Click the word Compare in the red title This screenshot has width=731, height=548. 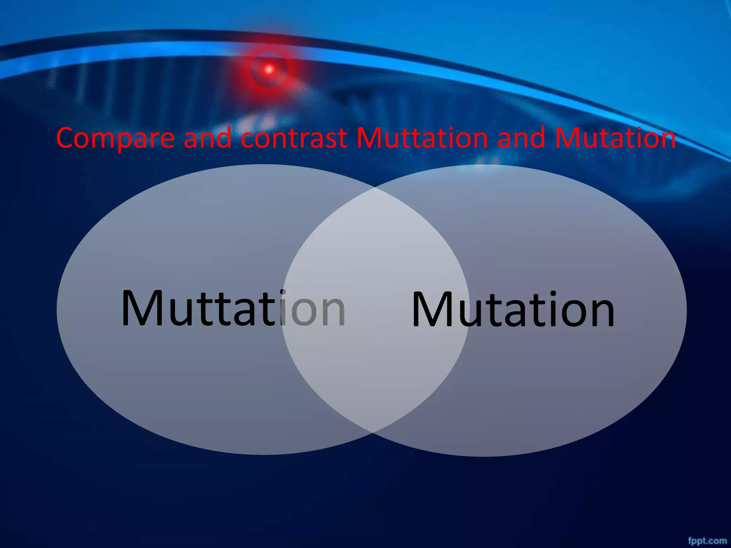(x=115, y=138)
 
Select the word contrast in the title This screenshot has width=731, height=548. (x=294, y=138)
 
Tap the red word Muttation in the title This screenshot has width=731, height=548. (x=422, y=138)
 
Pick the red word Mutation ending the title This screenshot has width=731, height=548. (x=615, y=138)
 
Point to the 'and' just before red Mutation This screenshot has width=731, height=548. (x=521, y=138)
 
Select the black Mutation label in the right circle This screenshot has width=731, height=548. (x=513, y=309)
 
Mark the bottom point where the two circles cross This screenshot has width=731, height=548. (x=373, y=432)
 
